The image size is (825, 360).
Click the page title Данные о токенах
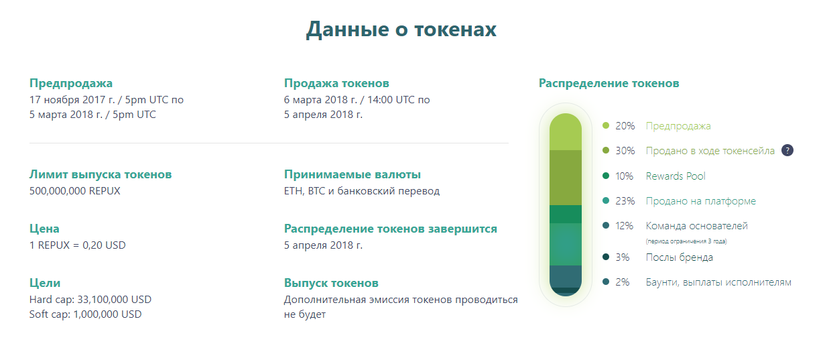point(401,29)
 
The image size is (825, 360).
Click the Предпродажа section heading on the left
point(71,83)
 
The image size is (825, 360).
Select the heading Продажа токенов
point(336,83)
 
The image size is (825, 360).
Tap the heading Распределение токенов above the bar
point(609,83)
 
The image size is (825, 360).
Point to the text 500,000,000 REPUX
point(75,191)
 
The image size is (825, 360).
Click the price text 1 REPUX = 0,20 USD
point(77,245)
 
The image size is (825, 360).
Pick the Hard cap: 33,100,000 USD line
point(90,299)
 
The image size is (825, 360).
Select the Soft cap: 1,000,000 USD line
point(85,314)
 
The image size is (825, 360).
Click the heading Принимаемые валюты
point(353,174)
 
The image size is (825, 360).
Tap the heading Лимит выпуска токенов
point(101,174)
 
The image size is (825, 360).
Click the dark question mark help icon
point(787,150)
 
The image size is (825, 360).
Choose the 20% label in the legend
point(625,126)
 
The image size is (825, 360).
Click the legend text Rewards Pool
point(676,176)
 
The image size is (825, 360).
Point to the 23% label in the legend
point(625,201)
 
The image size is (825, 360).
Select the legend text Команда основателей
point(697,226)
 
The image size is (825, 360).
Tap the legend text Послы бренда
point(680,257)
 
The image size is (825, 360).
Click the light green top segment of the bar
point(566,132)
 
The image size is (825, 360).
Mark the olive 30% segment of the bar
point(566,178)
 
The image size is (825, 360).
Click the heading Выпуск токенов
point(331,283)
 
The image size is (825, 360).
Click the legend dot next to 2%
point(606,282)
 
